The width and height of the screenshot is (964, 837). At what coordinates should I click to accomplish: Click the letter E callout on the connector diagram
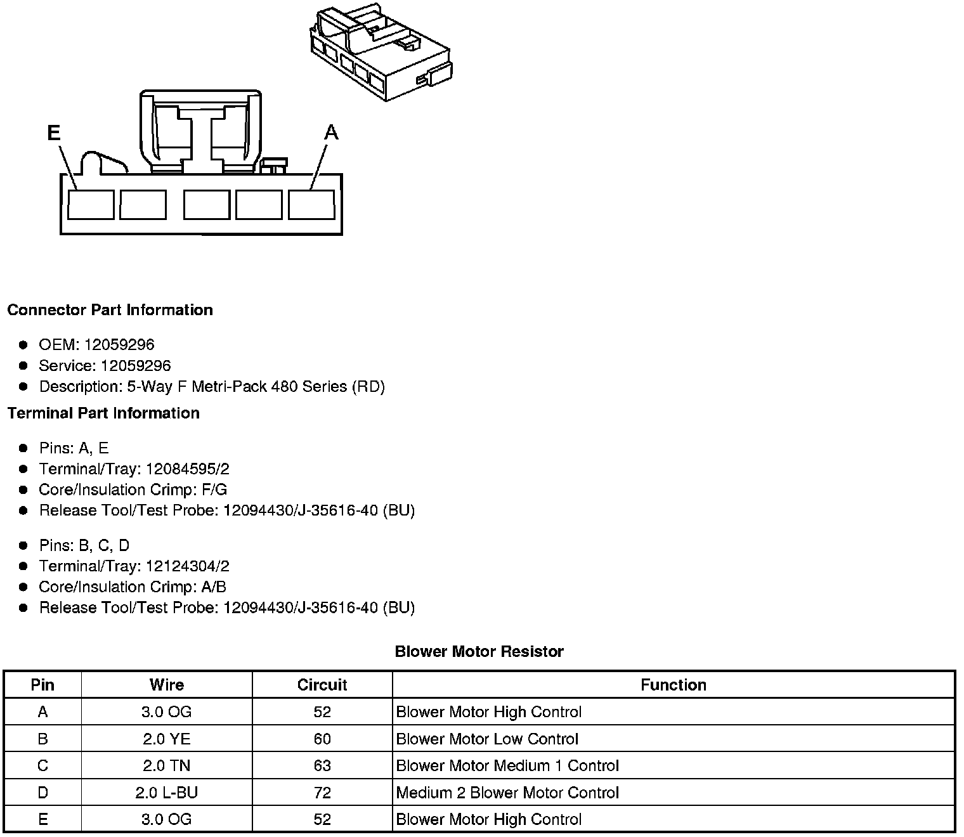tap(54, 133)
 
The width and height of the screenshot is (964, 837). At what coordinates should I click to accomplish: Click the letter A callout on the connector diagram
tap(331, 133)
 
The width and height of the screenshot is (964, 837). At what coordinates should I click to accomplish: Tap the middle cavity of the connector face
tap(207, 205)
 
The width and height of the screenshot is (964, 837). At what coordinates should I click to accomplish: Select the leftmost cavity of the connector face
tap(91, 205)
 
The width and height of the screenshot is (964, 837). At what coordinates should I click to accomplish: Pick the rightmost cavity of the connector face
tap(311, 205)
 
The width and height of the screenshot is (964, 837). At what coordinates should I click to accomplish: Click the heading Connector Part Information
tap(110, 310)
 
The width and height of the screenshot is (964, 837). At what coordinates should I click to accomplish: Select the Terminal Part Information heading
tap(103, 413)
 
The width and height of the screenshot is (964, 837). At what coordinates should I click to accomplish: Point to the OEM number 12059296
tap(119, 345)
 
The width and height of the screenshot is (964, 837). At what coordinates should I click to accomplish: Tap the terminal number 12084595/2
tap(188, 469)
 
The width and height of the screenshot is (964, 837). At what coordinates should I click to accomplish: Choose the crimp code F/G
tap(212, 490)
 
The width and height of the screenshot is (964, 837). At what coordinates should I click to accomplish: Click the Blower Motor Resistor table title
tap(479, 652)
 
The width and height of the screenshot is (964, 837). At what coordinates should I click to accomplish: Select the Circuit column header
tap(322, 685)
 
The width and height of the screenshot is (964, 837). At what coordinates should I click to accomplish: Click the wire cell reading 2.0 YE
tap(167, 739)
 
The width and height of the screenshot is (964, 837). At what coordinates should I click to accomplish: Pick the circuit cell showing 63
tap(322, 766)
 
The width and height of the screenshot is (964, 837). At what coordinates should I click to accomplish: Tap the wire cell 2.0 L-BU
tap(167, 793)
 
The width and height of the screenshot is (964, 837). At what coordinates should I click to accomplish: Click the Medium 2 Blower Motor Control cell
tap(507, 793)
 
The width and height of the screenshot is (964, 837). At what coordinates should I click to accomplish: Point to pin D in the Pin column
tap(42, 793)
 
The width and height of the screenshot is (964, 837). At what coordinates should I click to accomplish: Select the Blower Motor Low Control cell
tap(487, 739)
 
